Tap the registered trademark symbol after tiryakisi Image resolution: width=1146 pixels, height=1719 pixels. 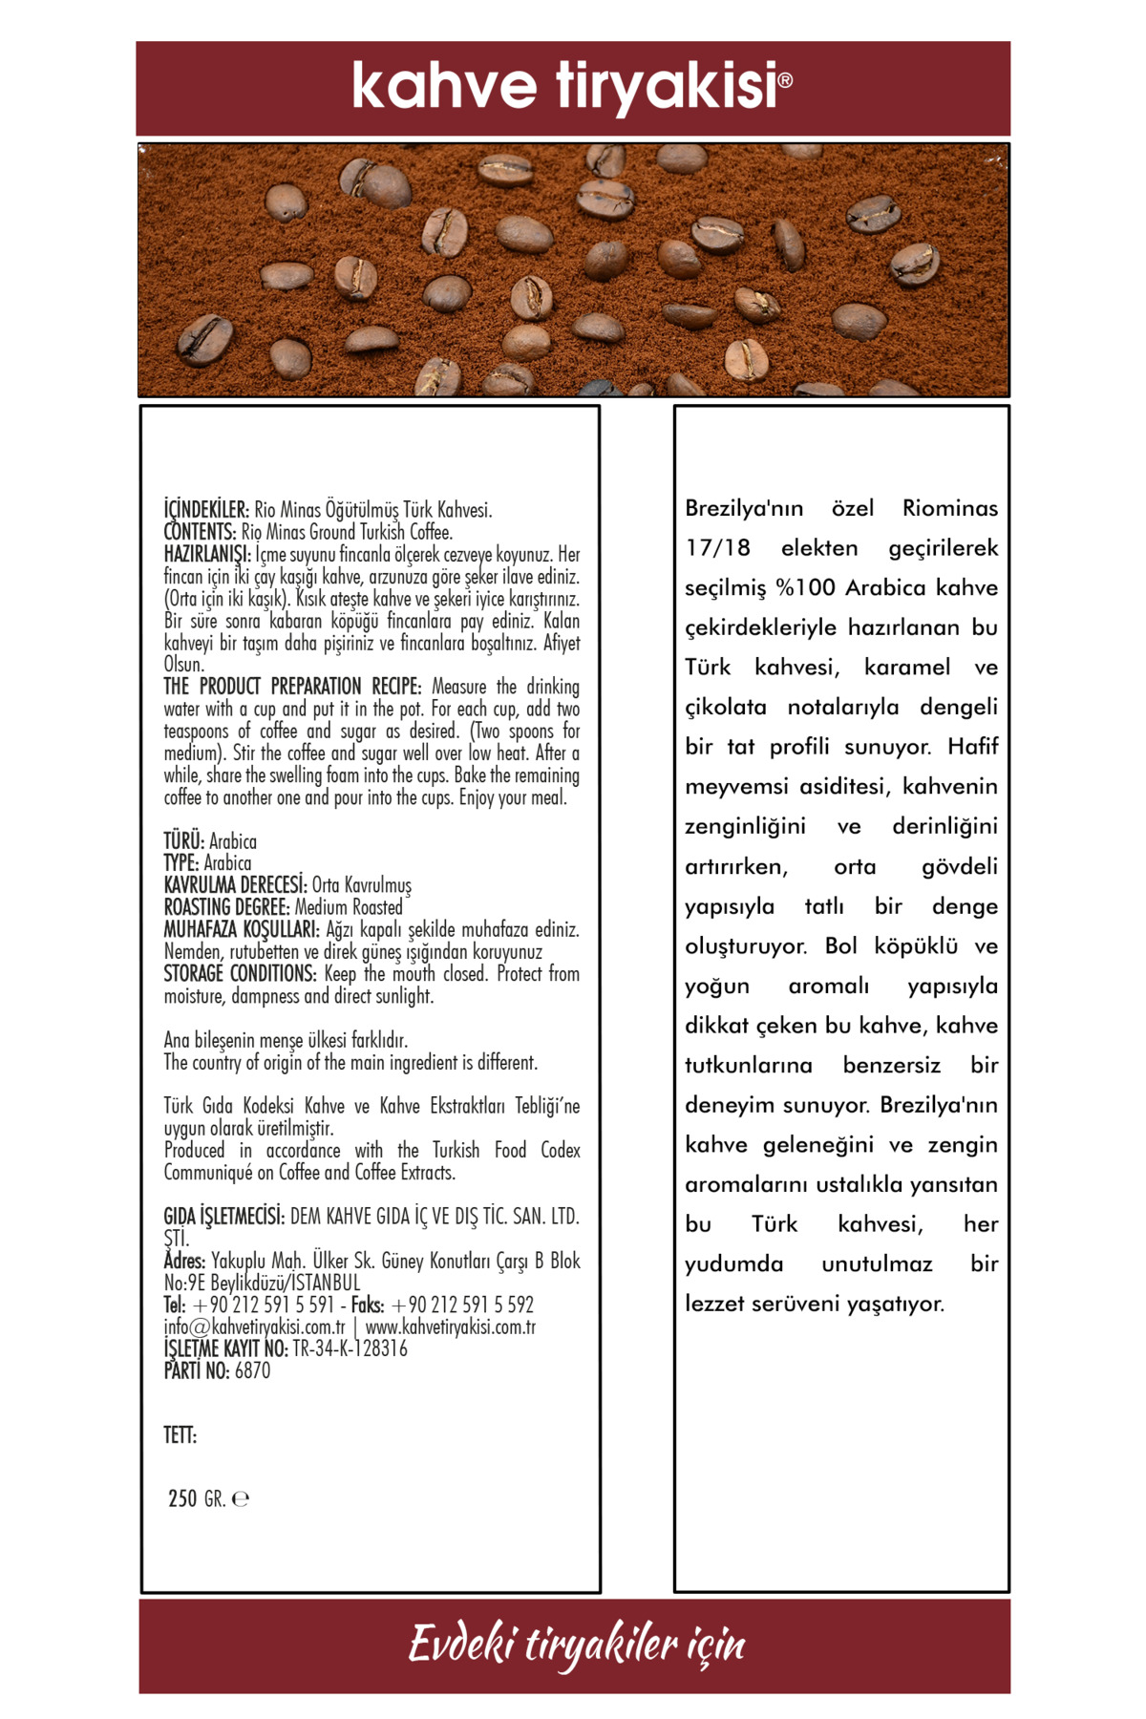coord(786,80)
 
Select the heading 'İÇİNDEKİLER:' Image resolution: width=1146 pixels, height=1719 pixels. coord(206,510)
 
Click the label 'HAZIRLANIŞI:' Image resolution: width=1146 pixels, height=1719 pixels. coord(207,554)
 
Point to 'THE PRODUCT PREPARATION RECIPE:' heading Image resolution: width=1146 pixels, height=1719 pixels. coord(292,687)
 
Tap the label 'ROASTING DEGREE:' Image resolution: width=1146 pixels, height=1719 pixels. coord(226,907)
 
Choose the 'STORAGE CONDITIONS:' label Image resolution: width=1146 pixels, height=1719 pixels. coord(240,974)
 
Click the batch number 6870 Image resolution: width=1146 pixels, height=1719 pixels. coord(253,1371)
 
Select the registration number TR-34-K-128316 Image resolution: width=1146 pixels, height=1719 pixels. coord(350,1348)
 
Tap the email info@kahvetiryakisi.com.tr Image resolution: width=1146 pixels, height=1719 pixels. coord(254,1326)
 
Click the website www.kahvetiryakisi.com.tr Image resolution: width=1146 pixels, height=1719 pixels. coord(451,1326)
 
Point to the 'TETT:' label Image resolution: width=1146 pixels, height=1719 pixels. coord(180,1435)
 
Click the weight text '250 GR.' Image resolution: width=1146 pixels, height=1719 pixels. coord(197,1498)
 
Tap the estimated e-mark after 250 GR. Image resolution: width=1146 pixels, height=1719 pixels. coord(241,1499)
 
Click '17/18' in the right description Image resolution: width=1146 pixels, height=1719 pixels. coord(717,548)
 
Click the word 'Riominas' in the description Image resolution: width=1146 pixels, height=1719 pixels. coord(949,508)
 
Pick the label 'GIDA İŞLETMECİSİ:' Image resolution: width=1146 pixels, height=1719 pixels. coord(224,1217)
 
